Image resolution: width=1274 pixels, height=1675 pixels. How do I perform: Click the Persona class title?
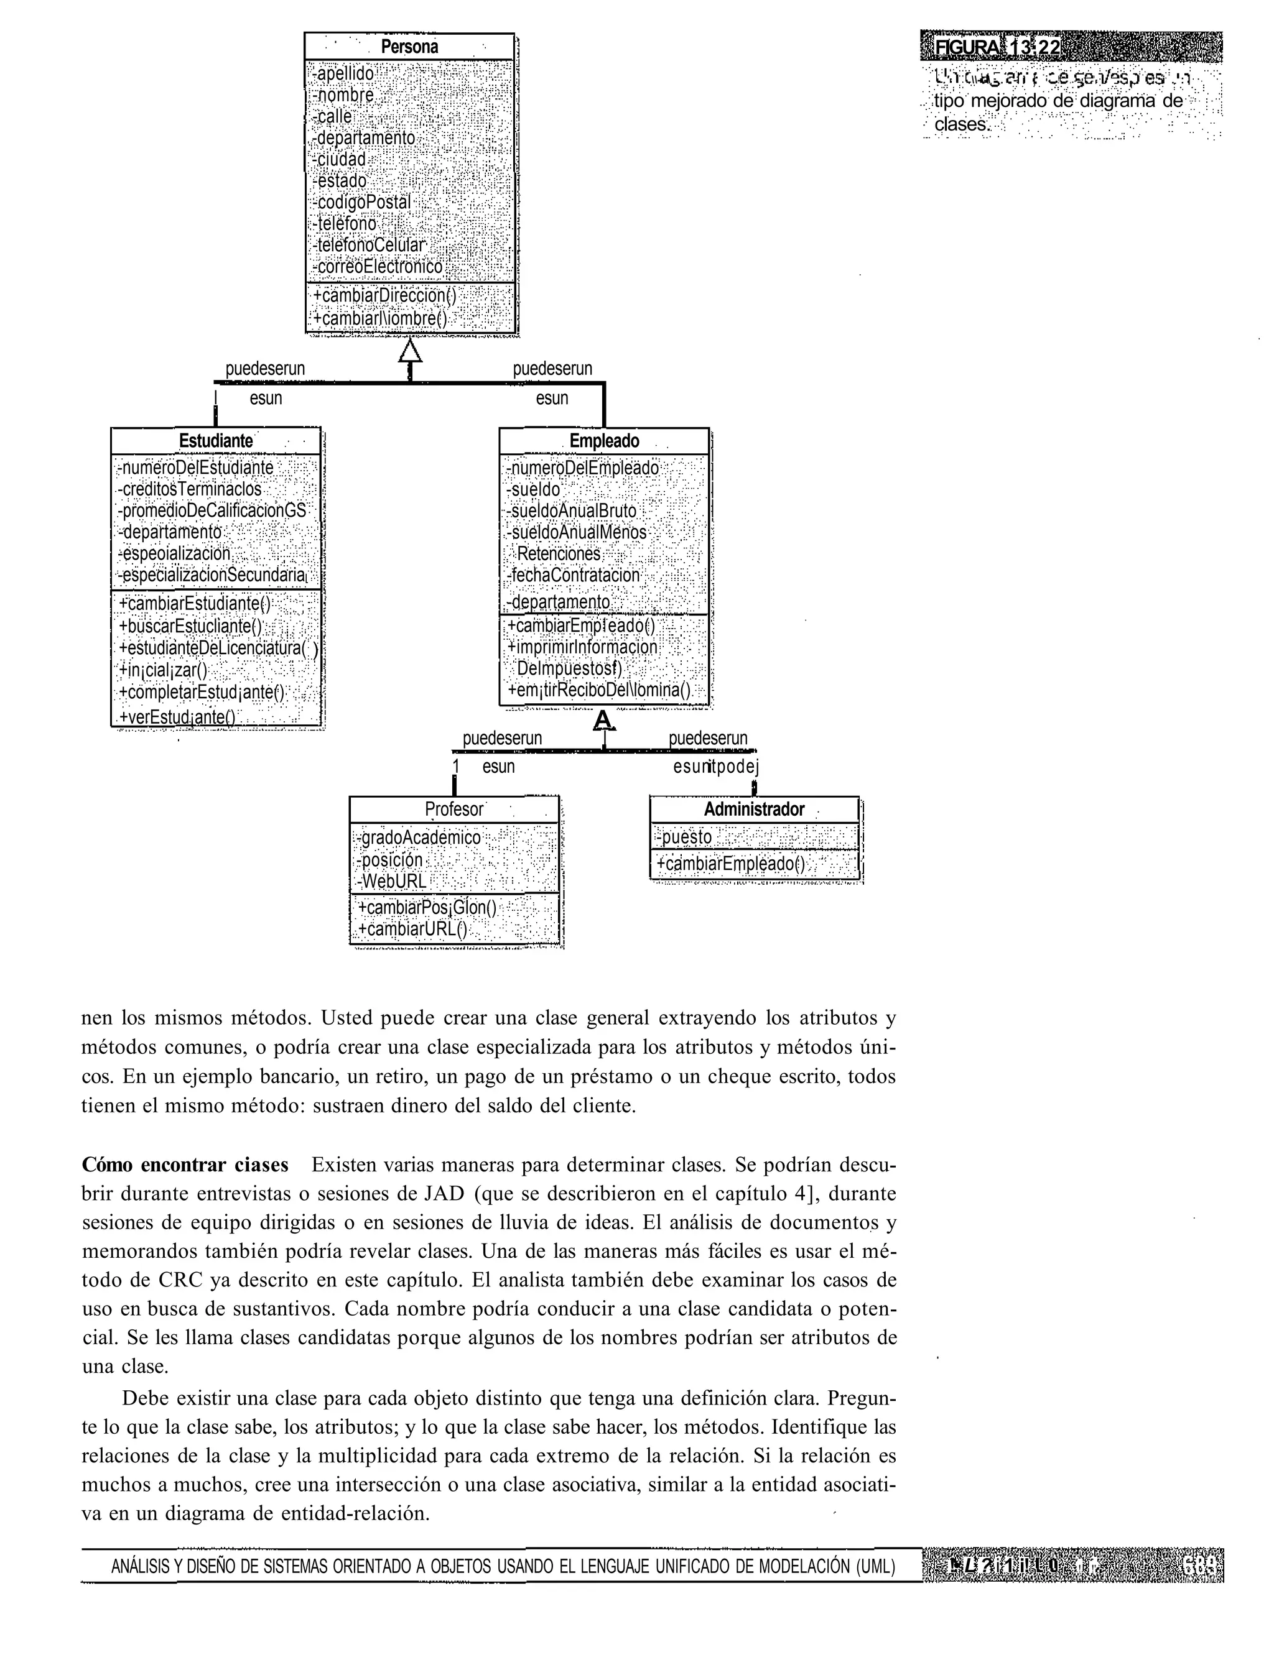[409, 46]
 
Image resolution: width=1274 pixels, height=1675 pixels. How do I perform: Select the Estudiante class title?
[216, 440]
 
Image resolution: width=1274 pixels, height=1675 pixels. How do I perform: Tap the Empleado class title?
[605, 441]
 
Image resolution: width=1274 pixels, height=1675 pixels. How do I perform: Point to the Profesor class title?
[453, 810]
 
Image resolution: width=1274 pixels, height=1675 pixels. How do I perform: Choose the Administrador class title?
[754, 810]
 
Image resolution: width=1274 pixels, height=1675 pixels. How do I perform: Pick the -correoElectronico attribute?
[378, 267]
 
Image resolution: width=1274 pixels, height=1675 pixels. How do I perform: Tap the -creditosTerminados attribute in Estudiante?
[190, 489]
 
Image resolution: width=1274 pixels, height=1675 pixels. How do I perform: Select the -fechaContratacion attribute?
[574, 575]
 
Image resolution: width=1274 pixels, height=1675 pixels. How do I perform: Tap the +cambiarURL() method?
[412, 929]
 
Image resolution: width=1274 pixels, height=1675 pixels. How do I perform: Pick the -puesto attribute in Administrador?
[684, 837]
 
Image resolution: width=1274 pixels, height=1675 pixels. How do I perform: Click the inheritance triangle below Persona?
[409, 351]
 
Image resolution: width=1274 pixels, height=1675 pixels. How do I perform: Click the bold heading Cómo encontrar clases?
[185, 1164]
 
